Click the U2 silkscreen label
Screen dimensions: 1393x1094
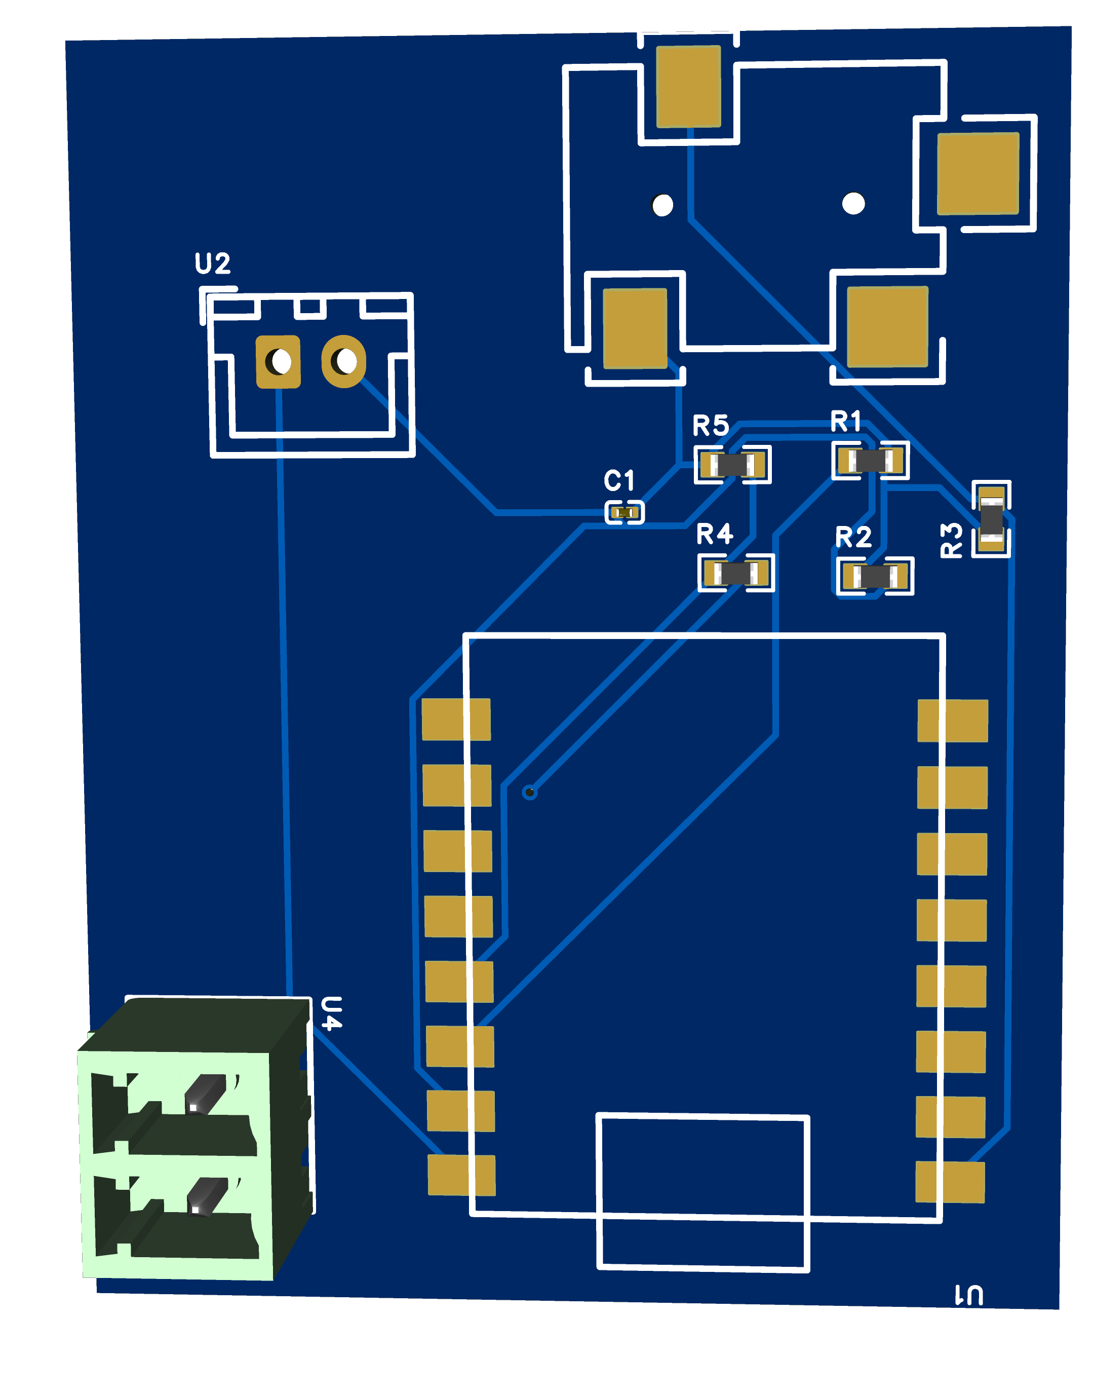point(212,263)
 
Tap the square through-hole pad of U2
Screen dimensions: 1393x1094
point(278,361)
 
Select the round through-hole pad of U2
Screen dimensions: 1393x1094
point(344,361)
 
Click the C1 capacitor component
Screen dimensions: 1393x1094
point(624,512)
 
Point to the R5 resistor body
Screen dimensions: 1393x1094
point(732,465)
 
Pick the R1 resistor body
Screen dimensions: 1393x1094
point(870,460)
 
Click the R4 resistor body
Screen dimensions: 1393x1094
point(736,573)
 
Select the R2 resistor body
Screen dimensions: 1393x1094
point(875,576)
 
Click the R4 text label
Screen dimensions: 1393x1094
point(714,534)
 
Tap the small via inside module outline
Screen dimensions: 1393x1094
point(530,793)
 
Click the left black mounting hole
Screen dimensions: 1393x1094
point(661,205)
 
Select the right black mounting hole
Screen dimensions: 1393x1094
point(853,203)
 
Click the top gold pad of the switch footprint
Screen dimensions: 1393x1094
point(688,87)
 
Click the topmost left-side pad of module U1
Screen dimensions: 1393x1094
point(456,720)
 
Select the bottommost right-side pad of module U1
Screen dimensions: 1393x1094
point(950,1182)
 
